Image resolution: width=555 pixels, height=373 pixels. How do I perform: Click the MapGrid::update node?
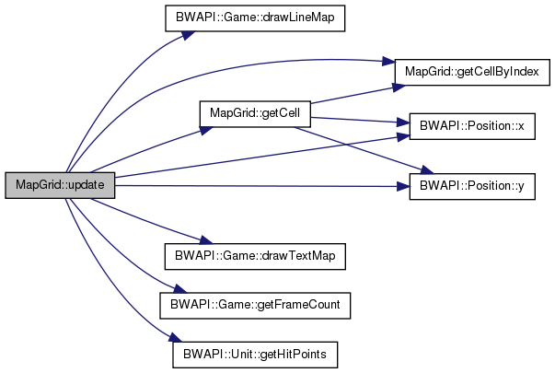(60, 185)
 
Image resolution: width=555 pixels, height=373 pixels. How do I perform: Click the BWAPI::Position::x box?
(471, 128)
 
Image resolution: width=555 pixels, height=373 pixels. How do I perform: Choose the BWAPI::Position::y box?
(471, 186)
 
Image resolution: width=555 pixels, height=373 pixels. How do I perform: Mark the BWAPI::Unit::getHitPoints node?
(254, 354)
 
